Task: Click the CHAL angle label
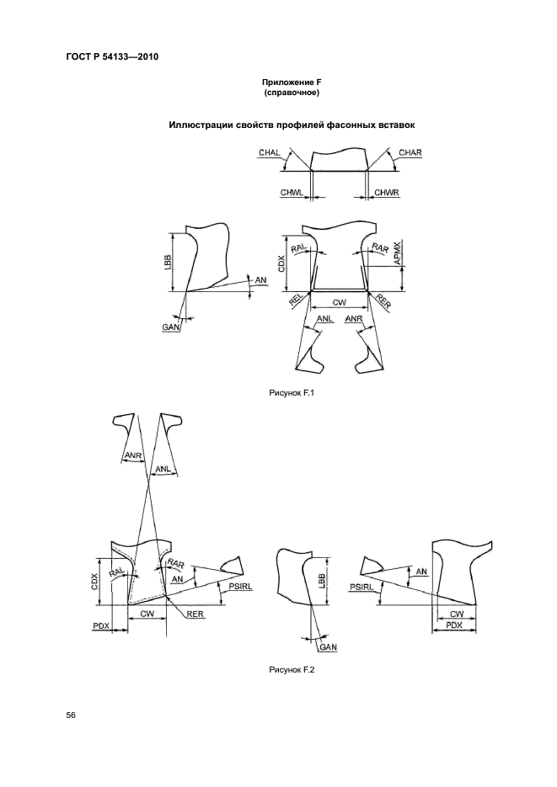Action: pyautogui.click(x=269, y=152)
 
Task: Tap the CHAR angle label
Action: pyautogui.click(x=410, y=152)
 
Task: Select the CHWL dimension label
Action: pyautogui.click(x=292, y=193)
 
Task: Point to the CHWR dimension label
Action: pyautogui.click(x=387, y=193)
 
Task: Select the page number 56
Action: pyautogui.click(x=71, y=715)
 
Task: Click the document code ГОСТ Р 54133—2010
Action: pyautogui.click(x=113, y=56)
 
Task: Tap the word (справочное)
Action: pyautogui.click(x=292, y=93)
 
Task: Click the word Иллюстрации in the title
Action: pyautogui.click(x=201, y=125)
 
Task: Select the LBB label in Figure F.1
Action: pyautogui.click(x=168, y=263)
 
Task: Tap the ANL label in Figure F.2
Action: pyautogui.click(x=163, y=470)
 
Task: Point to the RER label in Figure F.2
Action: pyautogui.click(x=195, y=614)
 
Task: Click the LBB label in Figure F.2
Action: pyautogui.click(x=322, y=581)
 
